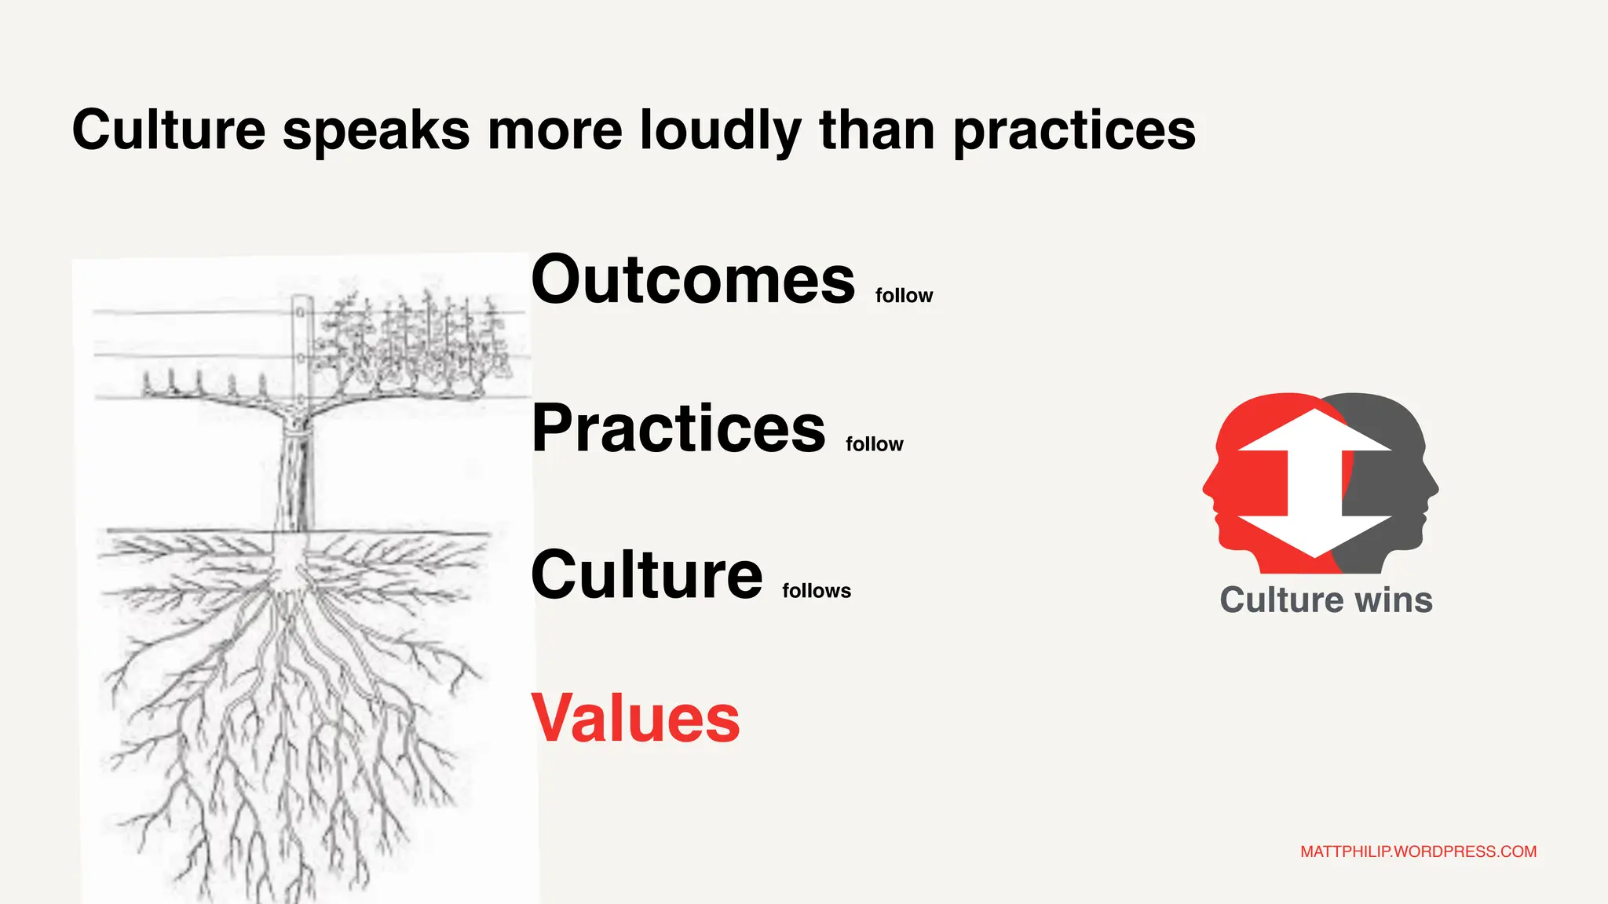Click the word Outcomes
click(693, 280)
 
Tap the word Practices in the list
click(678, 428)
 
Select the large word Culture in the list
click(646, 574)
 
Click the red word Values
click(635, 718)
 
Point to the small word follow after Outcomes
click(904, 296)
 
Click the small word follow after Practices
click(874, 444)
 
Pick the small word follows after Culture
click(816, 591)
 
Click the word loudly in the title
click(720, 129)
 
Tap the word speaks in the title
click(375, 131)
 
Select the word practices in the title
click(1074, 131)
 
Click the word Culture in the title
click(169, 129)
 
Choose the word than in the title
click(877, 129)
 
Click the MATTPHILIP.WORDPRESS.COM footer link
click(1418, 851)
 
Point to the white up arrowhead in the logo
click(1315, 431)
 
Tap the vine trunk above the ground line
click(296, 479)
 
